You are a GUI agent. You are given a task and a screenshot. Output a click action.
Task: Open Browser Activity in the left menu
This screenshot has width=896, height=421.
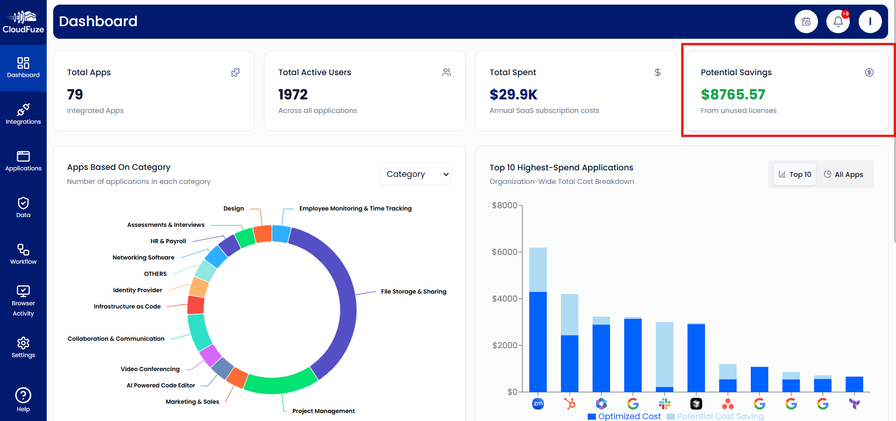pos(23,301)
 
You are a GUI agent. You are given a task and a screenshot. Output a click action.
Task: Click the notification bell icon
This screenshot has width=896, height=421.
pos(838,21)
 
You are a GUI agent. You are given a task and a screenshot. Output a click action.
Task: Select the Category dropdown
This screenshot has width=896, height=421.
pos(415,174)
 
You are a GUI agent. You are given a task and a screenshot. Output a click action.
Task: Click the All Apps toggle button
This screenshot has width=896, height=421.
pos(843,174)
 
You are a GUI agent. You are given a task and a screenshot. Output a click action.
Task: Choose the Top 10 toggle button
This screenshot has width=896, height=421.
pos(795,174)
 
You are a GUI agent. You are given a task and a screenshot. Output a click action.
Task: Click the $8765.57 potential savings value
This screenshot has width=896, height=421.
pos(732,95)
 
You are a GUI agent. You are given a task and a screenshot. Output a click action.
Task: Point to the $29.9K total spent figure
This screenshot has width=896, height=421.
pos(513,95)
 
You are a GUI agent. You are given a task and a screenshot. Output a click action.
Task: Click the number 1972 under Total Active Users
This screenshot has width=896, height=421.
pos(293,95)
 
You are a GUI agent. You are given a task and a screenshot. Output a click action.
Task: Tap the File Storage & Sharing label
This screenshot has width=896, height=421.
pos(413,292)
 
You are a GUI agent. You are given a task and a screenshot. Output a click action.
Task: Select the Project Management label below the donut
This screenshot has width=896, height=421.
pos(323,411)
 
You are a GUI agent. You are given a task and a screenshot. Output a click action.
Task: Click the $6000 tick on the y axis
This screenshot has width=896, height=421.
pos(505,252)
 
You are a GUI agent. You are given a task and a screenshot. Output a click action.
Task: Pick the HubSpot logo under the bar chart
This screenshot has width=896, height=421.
pos(569,403)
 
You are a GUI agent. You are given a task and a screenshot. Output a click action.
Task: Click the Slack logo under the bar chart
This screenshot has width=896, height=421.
pos(664,403)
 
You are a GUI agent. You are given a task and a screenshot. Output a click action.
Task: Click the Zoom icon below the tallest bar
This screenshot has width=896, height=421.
pos(538,403)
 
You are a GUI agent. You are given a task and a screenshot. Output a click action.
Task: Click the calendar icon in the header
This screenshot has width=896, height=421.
pos(806,21)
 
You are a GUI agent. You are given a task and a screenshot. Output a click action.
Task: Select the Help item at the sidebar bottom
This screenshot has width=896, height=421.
pos(23,400)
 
